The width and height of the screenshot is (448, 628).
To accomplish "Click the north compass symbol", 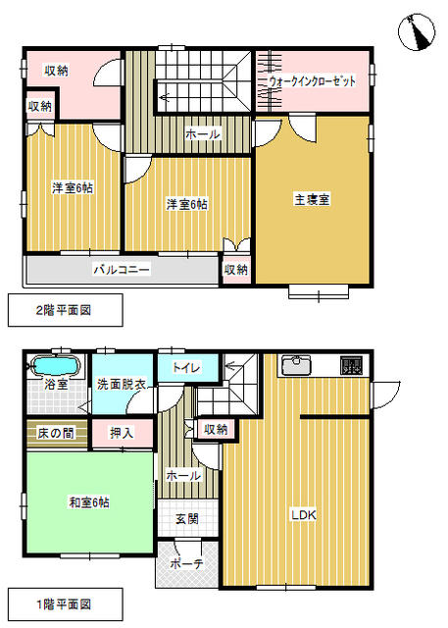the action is [x=417, y=32].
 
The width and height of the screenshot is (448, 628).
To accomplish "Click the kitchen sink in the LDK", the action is [x=296, y=365].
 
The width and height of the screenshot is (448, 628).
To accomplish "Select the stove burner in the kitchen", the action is [x=352, y=365].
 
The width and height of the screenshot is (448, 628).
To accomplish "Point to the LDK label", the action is [x=304, y=515].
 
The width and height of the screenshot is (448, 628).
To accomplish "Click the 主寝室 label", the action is [x=312, y=199].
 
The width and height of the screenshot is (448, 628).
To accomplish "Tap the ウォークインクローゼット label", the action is [x=312, y=81].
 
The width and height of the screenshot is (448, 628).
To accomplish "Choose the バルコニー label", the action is [x=122, y=269].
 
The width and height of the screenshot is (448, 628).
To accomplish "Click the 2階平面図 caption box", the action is [x=66, y=310].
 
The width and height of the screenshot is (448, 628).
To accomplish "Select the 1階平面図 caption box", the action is [x=66, y=604].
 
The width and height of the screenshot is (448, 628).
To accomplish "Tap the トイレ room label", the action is [x=186, y=367].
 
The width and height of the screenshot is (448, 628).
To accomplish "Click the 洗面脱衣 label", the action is [x=122, y=384].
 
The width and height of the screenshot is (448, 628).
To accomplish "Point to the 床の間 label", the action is [x=56, y=433].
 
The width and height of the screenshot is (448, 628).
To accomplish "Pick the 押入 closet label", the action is [x=122, y=433].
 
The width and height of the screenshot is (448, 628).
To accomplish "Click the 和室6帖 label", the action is [x=89, y=502].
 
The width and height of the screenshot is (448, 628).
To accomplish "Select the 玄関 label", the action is [x=187, y=519].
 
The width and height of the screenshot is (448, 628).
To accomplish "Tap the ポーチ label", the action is [x=187, y=564].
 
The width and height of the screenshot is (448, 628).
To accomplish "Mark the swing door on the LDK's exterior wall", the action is [x=385, y=394].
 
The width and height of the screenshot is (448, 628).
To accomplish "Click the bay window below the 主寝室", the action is [x=319, y=292].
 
